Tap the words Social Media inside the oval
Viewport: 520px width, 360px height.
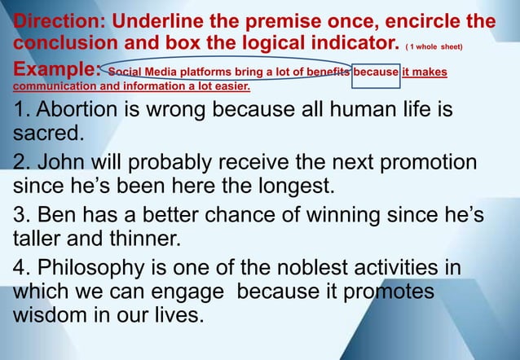143,72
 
